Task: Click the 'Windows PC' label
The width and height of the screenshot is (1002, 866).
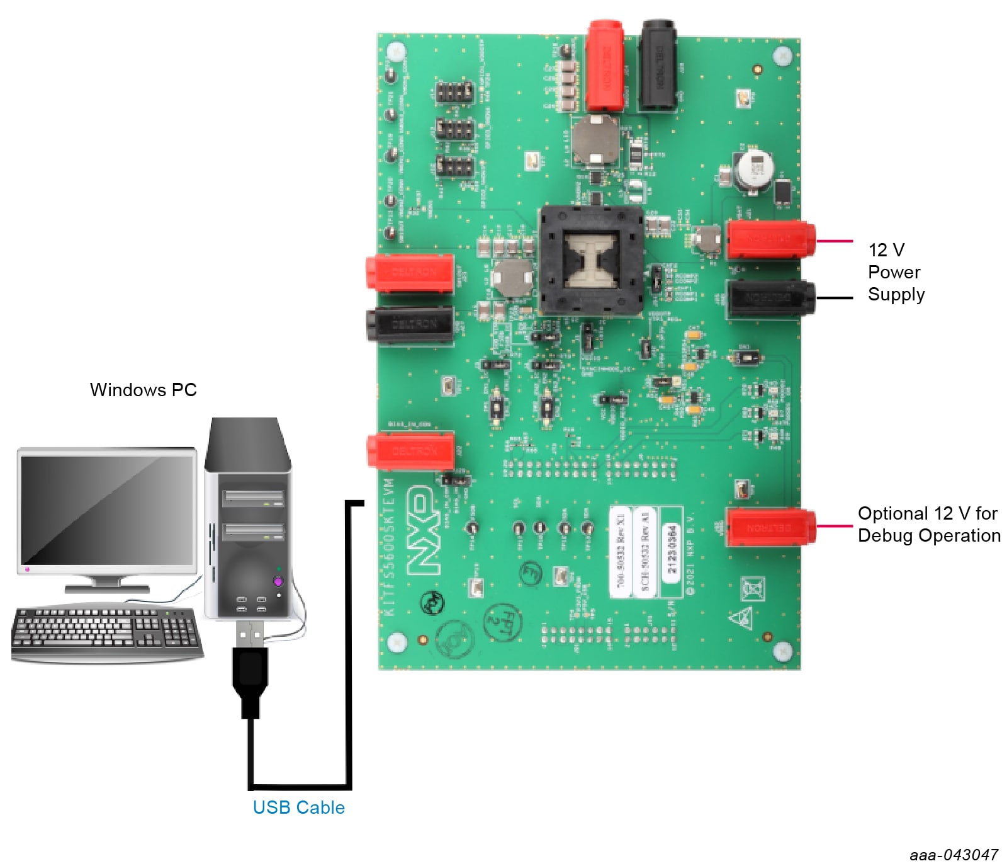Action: (143, 390)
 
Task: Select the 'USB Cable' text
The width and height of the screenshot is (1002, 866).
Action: (298, 807)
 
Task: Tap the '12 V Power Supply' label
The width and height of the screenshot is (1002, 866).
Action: (896, 272)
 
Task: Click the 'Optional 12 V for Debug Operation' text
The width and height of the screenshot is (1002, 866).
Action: (928, 524)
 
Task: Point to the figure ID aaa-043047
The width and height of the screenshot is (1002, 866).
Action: (953, 855)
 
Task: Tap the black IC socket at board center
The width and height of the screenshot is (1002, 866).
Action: (590, 259)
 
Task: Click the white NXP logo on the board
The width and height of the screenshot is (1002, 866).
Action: (422, 530)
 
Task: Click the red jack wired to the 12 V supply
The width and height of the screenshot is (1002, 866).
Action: (770, 239)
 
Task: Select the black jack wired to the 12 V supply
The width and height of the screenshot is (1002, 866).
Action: (770, 298)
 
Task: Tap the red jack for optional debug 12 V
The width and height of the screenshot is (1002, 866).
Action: (770, 527)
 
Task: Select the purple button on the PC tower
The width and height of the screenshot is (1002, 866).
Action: (278, 581)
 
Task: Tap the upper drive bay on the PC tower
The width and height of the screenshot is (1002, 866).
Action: (253, 498)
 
